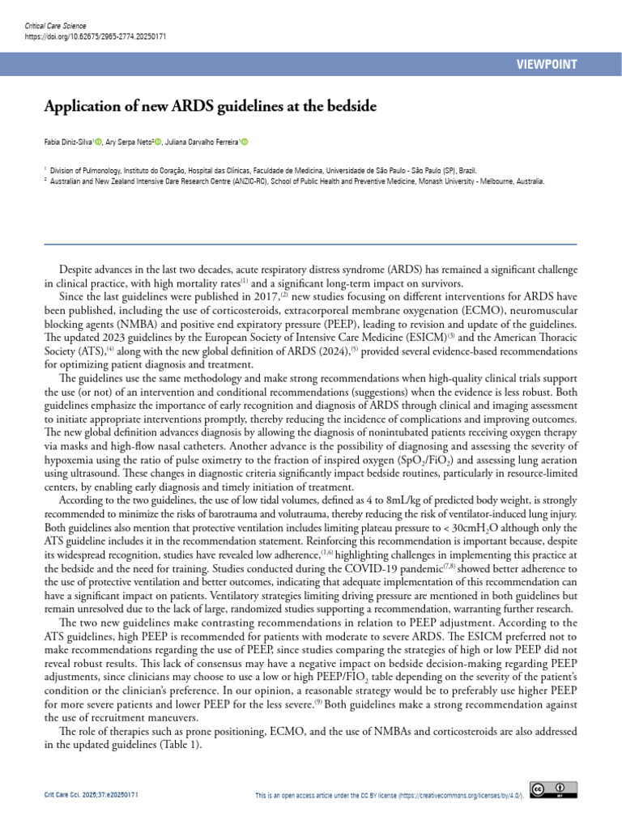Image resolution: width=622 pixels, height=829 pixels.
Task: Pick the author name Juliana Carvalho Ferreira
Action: (x=203, y=142)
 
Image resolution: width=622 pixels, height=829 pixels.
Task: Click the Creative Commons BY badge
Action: (x=553, y=789)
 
